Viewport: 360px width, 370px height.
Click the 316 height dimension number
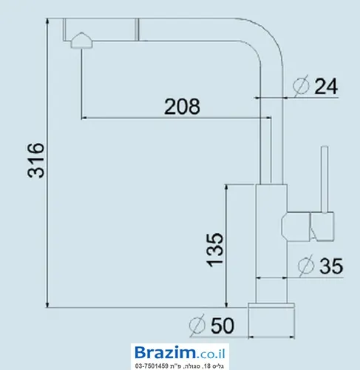coord(36,160)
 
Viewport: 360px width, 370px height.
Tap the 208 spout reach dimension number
coord(182,107)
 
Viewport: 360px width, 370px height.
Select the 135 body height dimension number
coord(214,249)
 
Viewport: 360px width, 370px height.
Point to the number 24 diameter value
coord(326,86)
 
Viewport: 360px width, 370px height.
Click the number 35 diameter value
coord(331,266)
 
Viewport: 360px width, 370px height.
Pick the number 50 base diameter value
coord(222,326)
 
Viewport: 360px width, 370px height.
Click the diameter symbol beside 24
coord(301,85)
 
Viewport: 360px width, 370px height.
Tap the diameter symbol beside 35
coord(306,266)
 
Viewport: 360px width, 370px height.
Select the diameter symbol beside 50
coord(197,325)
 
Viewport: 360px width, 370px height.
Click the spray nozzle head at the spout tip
coord(81,41)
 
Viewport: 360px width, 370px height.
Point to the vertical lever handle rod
coord(325,179)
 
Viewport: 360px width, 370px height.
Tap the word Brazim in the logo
coord(166,352)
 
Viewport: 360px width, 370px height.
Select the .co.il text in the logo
coord(211,353)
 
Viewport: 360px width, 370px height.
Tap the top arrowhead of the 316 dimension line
coord(47,21)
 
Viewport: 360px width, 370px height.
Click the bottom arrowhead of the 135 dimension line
coord(226,304)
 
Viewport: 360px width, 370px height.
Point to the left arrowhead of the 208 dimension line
coord(84,118)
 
